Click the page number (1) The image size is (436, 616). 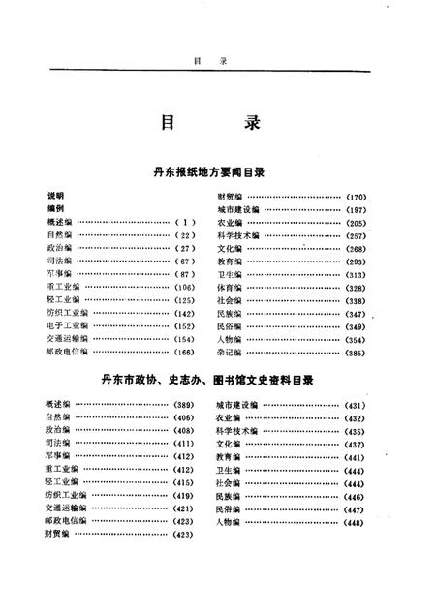pyautogui.click(x=184, y=222)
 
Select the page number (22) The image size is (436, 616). pyautogui.click(x=184, y=235)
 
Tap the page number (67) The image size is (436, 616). pyautogui.click(x=184, y=262)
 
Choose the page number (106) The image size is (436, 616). pyautogui.click(x=184, y=288)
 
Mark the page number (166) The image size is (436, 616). pyautogui.click(x=184, y=353)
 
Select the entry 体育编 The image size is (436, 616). pyautogui.click(x=230, y=288)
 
